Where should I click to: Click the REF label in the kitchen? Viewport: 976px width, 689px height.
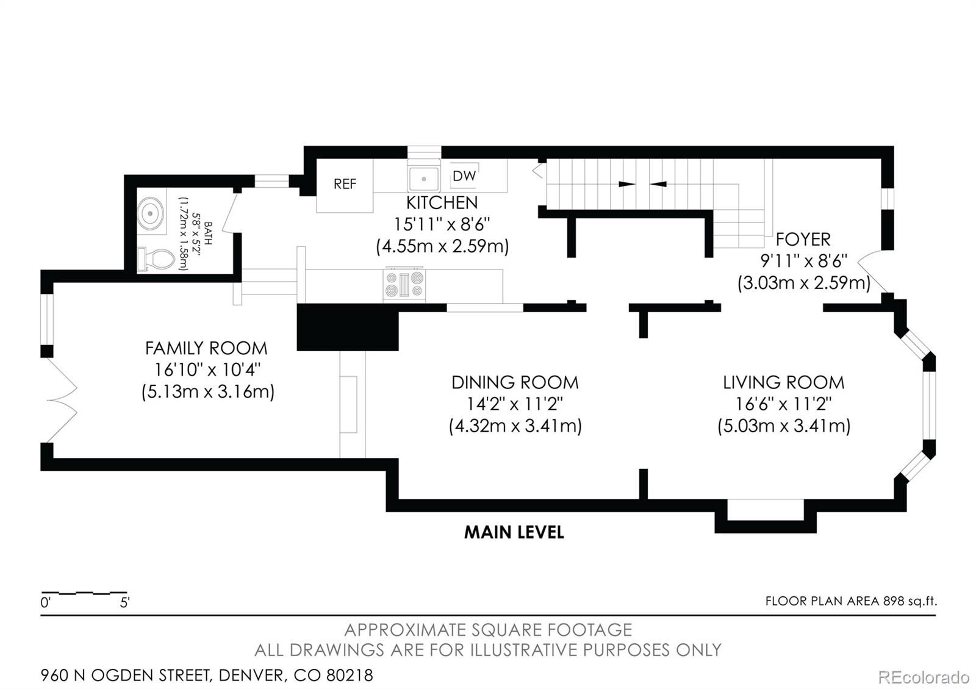click(345, 184)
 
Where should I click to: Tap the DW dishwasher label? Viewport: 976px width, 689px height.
click(464, 176)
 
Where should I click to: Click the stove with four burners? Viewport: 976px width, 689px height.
click(404, 284)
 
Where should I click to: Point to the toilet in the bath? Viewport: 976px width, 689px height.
click(156, 260)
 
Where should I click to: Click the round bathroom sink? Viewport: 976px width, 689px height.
click(151, 213)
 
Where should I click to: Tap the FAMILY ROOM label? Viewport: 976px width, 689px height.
click(206, 348)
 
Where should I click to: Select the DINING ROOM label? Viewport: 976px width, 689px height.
click(515, 382)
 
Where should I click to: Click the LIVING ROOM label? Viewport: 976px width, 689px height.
click(783, 382)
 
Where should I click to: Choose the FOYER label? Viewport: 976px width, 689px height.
click(803, 240)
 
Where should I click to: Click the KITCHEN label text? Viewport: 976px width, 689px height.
click(442, 203)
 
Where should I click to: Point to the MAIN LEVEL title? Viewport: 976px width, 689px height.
click(514, 532)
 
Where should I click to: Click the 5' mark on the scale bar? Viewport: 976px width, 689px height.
click(124, 603)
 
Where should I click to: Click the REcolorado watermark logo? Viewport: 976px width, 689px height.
click(924, 677)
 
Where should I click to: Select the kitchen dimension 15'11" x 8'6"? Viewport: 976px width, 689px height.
click(442, 225)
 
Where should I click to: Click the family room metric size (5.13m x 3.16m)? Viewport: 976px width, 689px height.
click(208, 392)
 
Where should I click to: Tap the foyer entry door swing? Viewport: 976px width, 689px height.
click(872, 272)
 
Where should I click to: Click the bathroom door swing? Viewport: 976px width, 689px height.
click(229, 213)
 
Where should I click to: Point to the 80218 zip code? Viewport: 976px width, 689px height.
click(350, 676)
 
